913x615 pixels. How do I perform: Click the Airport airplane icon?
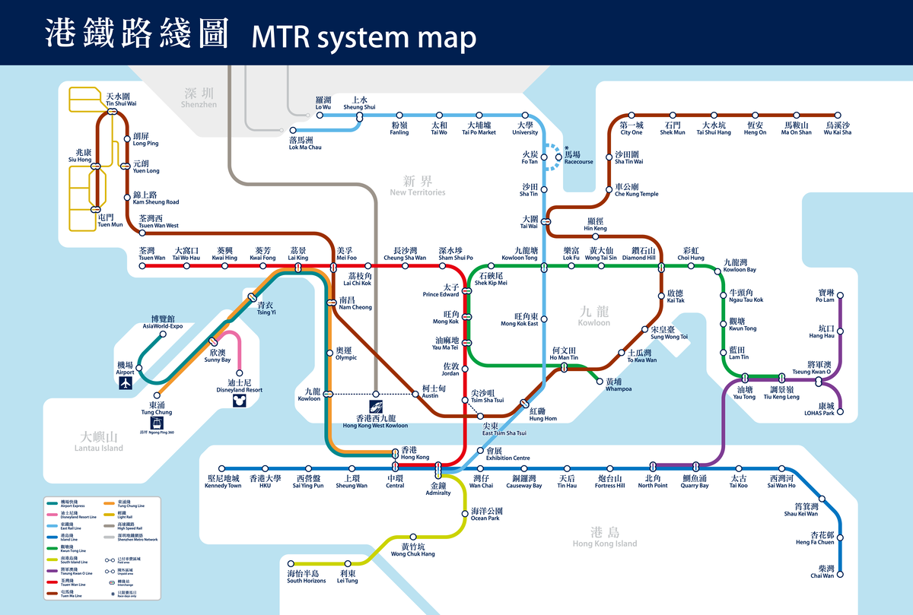click(x=126, y=385)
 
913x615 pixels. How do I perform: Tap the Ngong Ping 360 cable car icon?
click(x=157, y=422)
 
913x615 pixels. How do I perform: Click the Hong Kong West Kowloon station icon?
click(x=376, y=406)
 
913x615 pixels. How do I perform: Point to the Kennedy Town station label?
click(x=224, y=482)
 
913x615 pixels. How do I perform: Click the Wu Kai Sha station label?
click(x=837, y=128)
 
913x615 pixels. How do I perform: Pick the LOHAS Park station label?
click(x=819, y=409)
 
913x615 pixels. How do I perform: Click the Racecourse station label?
click(x=578, y=157)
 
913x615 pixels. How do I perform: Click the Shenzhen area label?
click(x=200, y=97)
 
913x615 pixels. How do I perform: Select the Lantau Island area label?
click(x=102, y=442)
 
